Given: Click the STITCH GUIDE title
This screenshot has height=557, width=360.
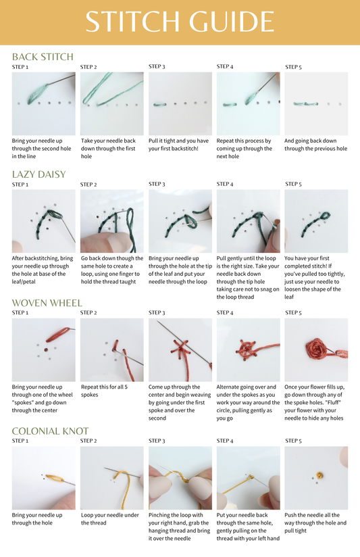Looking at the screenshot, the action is (x=180, y=22).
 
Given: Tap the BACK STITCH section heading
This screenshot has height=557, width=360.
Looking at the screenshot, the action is (x=43, y=57).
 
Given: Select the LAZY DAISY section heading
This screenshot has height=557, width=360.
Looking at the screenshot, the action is (x=39, y=174).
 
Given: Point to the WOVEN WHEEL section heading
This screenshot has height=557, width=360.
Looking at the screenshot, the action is (x=47, y=303).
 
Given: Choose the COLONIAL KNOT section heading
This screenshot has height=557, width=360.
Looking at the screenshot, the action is (x=50, y=431).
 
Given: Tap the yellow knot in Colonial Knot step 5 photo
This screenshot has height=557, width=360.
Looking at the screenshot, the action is (x=320, y=475).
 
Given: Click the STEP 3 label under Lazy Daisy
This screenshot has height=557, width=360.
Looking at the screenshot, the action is (x=157, y=184).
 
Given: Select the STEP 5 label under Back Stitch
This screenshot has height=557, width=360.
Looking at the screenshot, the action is (x=293, y=67).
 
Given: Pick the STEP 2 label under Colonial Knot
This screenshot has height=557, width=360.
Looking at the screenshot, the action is (x=88, y=441).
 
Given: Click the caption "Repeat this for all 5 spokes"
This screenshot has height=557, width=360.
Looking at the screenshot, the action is (x=104, y=391).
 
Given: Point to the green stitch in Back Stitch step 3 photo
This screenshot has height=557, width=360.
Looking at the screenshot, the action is (x=160, y=104).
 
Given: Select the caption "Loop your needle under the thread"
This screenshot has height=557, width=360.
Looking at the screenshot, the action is (x=109, y=519).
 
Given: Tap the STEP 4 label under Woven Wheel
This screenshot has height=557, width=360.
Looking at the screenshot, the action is (x=225, y=312).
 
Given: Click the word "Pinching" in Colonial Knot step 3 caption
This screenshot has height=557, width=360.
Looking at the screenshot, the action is (x=159, y=515).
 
